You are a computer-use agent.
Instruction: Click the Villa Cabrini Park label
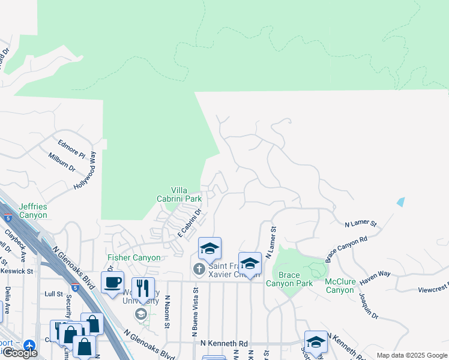pos(184,194)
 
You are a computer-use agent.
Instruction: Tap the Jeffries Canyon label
pos(32,211)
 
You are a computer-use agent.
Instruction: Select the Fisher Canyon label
pos(134,258)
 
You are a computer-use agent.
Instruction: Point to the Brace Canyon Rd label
pos(346,249)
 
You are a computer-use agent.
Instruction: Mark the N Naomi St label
pos(168,311)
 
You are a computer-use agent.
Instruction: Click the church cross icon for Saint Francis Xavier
pos(199,269)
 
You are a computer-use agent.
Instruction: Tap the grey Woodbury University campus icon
pos(141,314)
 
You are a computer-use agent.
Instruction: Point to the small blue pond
pos(400,202)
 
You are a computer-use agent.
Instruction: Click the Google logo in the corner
pos(20,353)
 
